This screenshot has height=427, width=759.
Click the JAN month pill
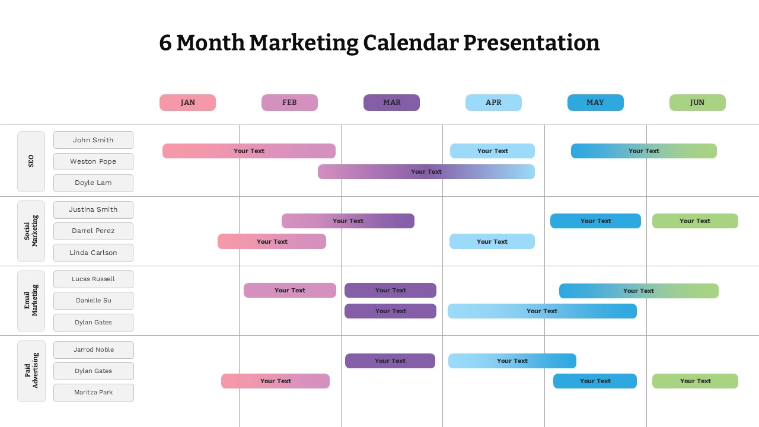click(187, 103)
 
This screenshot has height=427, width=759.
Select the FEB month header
click(289, 103)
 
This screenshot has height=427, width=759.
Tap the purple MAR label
click(391, 103)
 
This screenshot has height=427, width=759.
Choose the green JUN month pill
click(697, 103)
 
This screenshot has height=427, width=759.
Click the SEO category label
click(31, 161)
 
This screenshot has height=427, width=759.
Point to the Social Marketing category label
click(31, 231)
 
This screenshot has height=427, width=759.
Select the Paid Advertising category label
click(31, 371)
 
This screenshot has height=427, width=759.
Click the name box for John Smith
click(93, 140)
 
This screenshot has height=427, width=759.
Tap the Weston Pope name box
click(93, 161)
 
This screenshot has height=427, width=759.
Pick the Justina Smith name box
click(93, 209)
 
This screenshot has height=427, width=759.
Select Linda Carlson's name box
click(93, 253)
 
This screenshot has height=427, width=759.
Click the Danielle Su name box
click(93, 301)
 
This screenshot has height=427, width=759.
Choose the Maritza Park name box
click(93, 393)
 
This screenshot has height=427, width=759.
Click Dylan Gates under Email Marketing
click(93, 323)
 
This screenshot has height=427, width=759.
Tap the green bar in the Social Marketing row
click(695, 221)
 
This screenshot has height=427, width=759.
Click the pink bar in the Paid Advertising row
click(275, 381)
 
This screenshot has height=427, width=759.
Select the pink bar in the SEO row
click(248, 151)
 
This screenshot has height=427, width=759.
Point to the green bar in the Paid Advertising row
click(695, 381)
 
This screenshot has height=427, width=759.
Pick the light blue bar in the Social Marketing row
click(492, 242)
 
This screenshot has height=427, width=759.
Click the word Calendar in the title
click(410, 43)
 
